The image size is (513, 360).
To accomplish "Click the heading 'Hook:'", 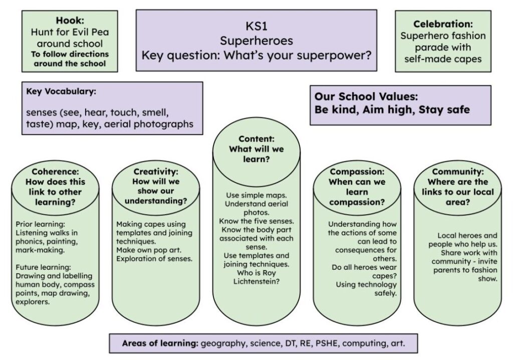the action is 70,21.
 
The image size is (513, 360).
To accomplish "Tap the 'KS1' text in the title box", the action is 256,26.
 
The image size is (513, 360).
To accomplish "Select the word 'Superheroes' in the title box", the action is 256,41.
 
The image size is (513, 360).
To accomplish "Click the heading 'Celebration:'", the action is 443,24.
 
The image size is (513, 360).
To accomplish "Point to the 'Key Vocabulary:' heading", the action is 61,91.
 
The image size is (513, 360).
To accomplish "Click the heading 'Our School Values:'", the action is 366,96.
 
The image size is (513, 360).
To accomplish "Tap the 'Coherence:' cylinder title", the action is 55,171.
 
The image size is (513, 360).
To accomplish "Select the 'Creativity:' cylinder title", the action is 156,171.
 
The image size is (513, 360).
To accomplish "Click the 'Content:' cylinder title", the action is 256,138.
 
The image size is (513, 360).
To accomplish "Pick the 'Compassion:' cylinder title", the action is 357,171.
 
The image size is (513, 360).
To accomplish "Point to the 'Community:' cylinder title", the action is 458,171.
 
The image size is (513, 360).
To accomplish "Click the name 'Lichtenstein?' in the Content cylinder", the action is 256,281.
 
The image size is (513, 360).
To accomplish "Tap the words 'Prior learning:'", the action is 40,225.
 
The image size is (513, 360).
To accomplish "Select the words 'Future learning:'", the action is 43,267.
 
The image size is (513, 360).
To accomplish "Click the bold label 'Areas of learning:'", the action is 160,343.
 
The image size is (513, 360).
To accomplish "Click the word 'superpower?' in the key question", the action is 334,55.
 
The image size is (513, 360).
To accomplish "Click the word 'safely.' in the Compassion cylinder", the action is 385,293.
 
